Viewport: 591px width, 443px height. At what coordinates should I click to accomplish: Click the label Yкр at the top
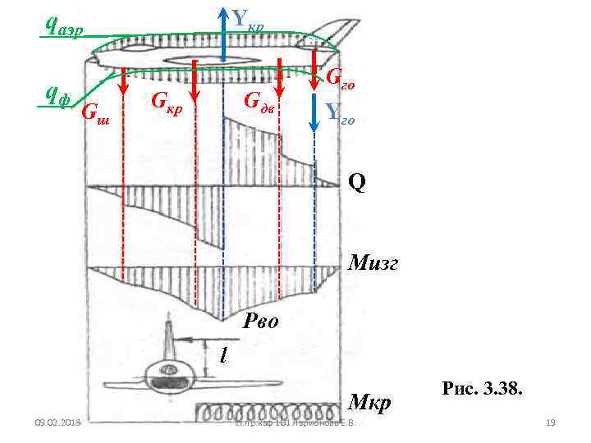(x=247, y=18)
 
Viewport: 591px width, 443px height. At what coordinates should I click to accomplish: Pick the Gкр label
(x=167, y=102)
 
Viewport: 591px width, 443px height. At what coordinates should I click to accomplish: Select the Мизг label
(x=373, y=263)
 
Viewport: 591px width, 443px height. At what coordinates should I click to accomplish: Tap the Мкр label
(x=370, y=403)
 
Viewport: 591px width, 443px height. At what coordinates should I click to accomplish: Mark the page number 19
(x=551, y=423)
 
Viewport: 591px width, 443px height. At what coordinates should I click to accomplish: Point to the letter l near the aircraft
(x=222, y=354)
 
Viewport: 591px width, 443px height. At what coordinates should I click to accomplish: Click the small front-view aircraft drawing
(x=168, y=374)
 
